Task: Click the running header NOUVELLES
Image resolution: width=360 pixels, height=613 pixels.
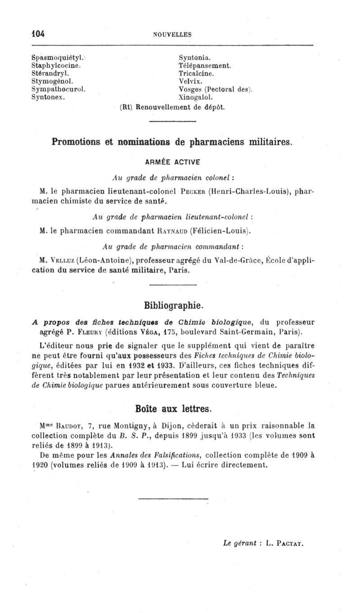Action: click(x=172, y=34)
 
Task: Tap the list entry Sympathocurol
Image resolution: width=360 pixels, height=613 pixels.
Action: click(x=58, y=89)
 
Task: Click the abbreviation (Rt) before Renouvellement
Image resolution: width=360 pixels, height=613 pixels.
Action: click(x=126, y=107)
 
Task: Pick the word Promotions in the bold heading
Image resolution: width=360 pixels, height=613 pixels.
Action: click(x=78, y=142)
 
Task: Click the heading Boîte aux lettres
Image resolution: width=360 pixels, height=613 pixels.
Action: click(x=173, y=409)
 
